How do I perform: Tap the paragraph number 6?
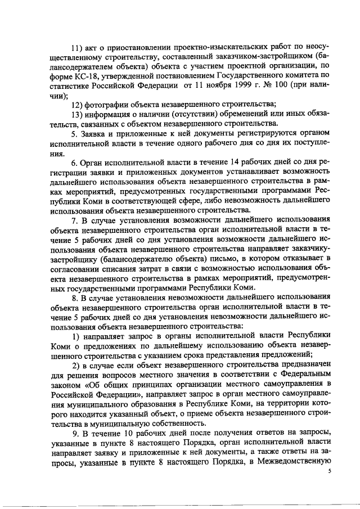click(75, 161)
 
